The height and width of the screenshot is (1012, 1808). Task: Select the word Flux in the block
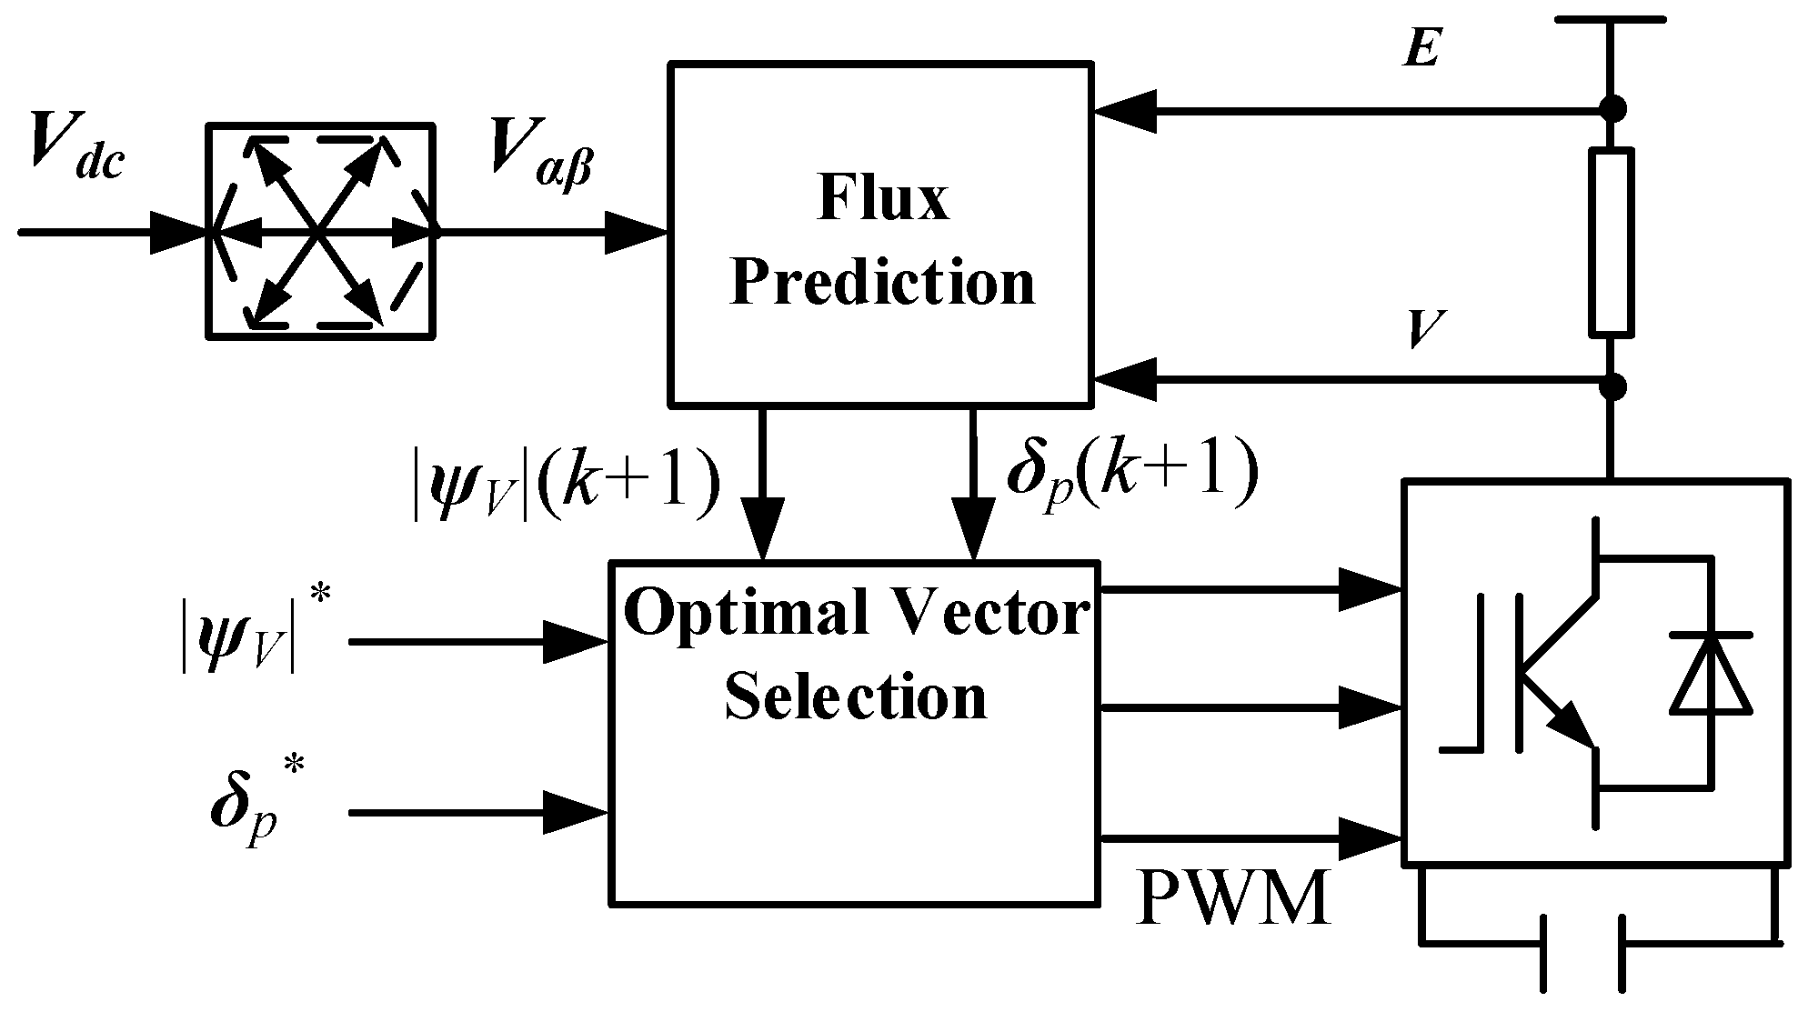tap(882, 198)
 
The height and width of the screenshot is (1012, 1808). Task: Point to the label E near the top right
tap(1421, 49)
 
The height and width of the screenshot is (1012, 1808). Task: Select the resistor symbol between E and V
tap(1612, 242)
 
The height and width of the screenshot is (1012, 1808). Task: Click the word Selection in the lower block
tap(855, 698)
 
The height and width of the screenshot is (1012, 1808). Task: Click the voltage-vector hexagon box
tap(320, 232)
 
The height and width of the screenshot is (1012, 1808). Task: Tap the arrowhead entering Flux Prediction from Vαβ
tap(638, 232)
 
